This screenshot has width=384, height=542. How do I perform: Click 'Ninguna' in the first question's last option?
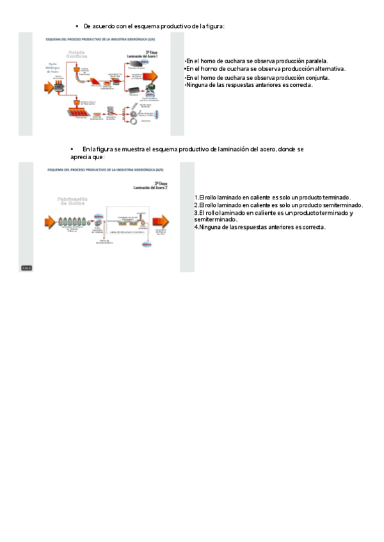click(x=198, y=85)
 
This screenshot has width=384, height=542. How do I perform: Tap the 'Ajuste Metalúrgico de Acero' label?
click(x=52, y=68)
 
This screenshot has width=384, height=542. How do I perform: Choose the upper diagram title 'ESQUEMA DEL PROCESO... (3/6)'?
click(x=95, y=40)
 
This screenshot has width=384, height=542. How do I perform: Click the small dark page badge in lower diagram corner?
click(x=27, y=267)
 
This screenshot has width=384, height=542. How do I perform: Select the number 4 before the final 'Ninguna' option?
click(x=196, y=227)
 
